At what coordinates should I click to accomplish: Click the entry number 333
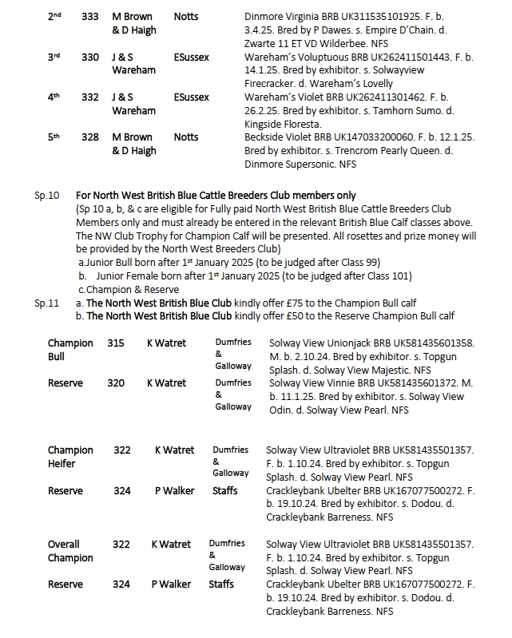90,17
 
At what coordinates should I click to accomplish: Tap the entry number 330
90,57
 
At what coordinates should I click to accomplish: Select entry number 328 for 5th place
90,137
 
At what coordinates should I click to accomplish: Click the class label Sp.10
47,196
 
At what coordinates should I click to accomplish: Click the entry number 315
116,343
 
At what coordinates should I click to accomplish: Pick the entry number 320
116,383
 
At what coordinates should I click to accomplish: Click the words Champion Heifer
70,457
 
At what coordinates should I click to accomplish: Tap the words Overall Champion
70,551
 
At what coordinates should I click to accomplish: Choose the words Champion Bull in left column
70,350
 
